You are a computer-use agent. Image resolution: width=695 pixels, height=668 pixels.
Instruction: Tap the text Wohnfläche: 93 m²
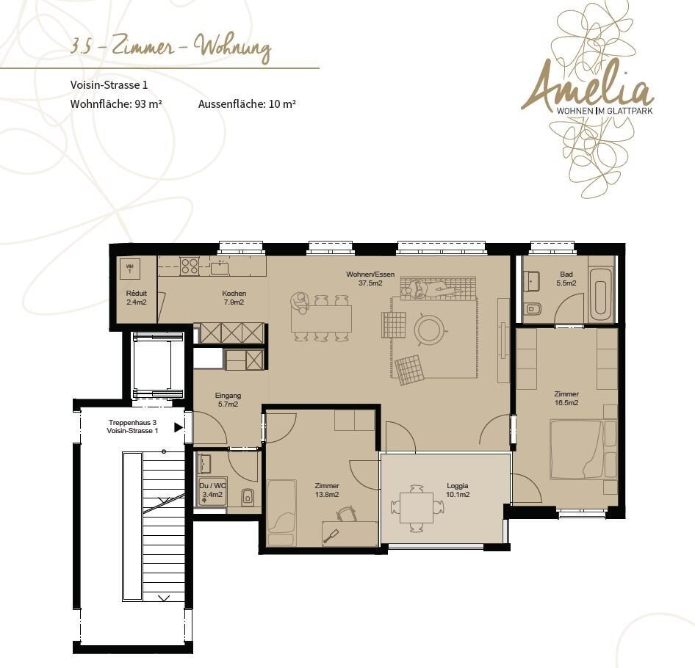coord(116,104)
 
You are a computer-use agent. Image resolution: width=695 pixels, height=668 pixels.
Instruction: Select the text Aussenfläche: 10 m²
coord(247,104)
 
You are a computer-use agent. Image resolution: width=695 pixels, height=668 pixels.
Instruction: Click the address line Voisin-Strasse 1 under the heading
coord(109,84)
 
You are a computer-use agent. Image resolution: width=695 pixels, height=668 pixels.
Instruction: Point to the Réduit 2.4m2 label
coord(137,298)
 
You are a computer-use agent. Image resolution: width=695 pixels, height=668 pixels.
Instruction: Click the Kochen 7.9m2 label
coord(234,298)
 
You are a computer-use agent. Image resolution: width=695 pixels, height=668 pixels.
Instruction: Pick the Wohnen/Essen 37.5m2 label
coord(370,279)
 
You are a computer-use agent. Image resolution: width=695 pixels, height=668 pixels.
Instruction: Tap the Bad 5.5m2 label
coord(566,279)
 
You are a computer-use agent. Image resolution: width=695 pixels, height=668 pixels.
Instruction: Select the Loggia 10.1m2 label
coord(458,490)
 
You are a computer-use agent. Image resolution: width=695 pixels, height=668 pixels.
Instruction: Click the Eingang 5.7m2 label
coord(228,399)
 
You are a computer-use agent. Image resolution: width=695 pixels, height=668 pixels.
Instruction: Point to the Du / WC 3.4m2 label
coord(213,490)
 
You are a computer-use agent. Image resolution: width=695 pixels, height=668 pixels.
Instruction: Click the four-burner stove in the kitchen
coord(190,266)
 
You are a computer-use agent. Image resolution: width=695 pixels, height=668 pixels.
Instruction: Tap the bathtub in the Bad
coord(601,295)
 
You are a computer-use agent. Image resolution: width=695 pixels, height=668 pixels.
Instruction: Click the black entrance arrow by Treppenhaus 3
coord(179,427)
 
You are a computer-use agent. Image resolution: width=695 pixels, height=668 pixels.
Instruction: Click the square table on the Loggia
coord(417,508)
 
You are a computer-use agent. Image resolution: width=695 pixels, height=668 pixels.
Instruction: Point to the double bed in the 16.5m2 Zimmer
coord(577,449)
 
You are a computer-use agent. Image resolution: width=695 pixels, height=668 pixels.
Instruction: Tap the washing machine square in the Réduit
coord(130,269)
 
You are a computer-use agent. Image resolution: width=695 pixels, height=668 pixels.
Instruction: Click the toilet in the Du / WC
coord(248,498)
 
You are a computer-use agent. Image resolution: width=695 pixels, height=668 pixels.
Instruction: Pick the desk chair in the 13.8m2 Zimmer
coord(347,514)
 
